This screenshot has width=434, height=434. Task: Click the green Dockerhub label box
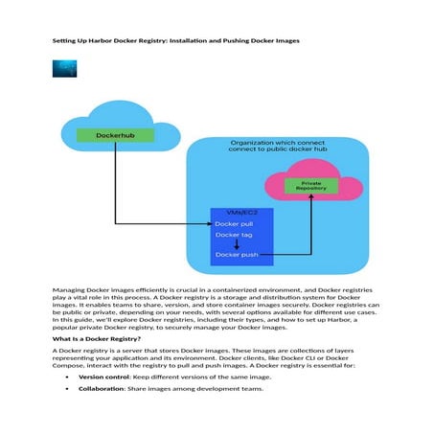116,135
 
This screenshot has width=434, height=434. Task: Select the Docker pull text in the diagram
234,223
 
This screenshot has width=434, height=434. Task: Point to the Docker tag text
233,235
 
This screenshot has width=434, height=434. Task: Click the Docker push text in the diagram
236,255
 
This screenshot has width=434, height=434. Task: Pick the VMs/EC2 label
241,212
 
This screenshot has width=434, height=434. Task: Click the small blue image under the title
66,69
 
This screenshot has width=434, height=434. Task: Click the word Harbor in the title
116,41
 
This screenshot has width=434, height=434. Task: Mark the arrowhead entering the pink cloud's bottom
310,204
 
